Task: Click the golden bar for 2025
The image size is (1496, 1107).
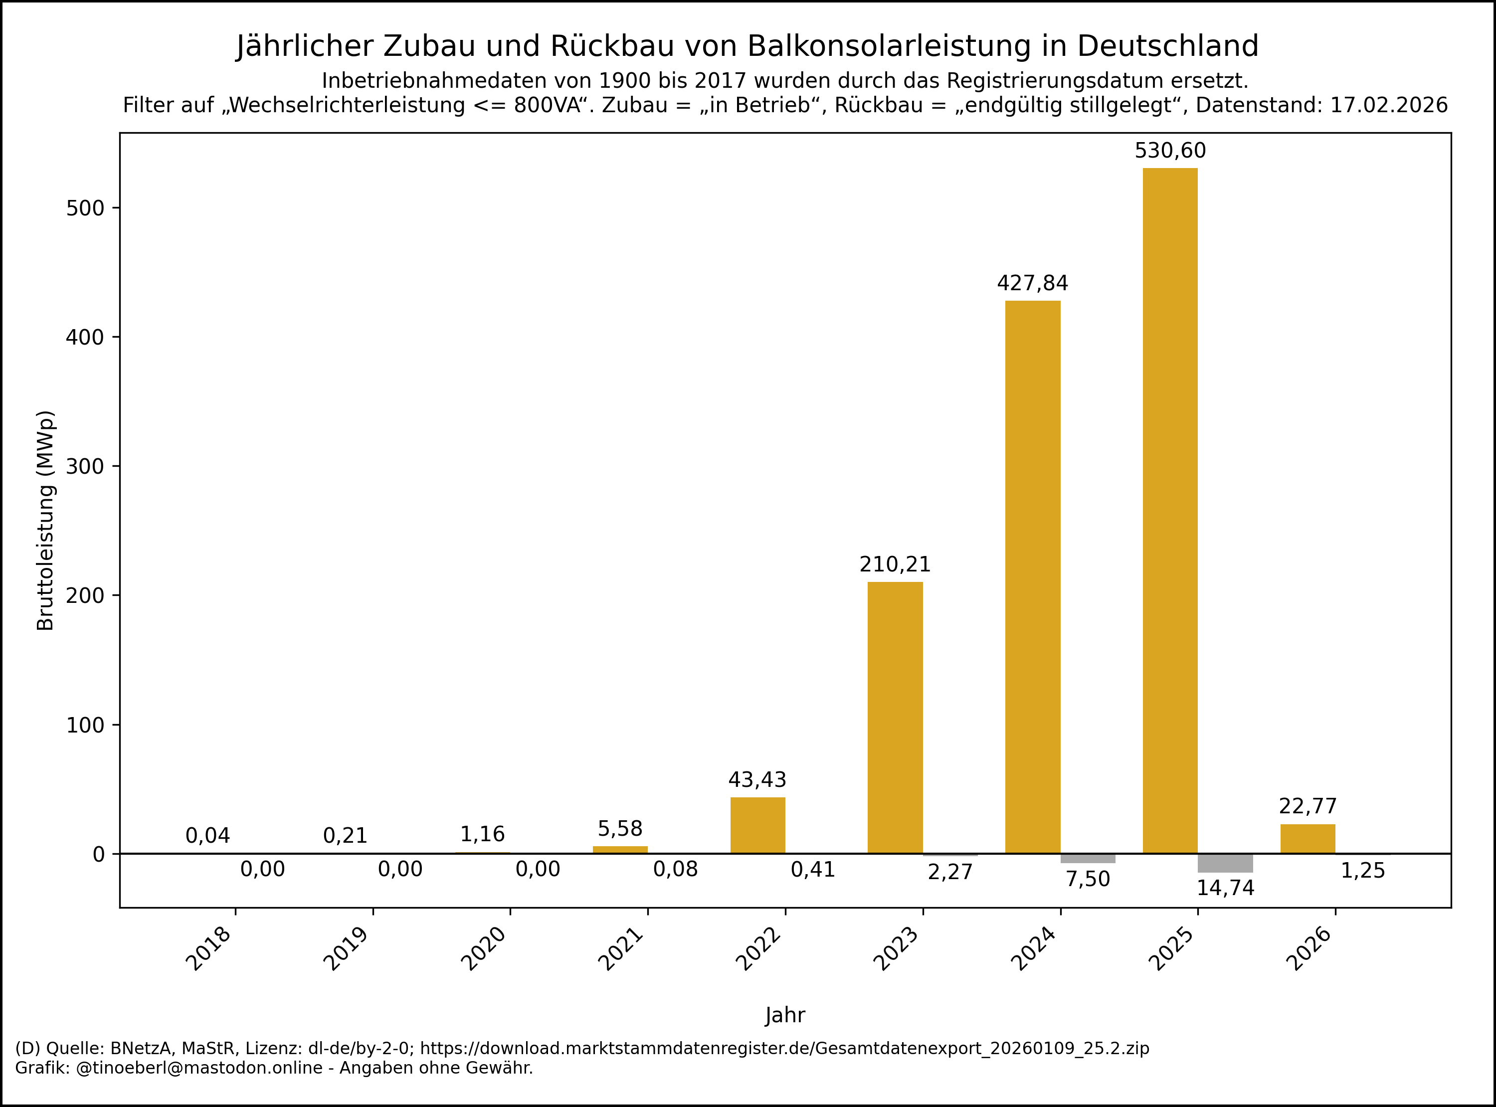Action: tap(1170, 509)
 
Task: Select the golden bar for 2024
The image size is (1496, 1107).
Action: tap(1032, 576)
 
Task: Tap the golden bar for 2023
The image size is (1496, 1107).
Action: tap(895, 717)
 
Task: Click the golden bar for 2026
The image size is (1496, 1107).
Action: tap(1308, 838)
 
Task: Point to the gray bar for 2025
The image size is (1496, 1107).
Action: tap(1225, 863)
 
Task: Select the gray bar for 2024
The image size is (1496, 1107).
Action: tap(1088, 858)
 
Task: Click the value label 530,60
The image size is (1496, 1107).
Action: tap(1170, 151)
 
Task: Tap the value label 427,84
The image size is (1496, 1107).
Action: tap(1032, 283)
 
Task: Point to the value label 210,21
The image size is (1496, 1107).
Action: tap(895, 565)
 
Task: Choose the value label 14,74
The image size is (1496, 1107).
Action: tap(1225, 888)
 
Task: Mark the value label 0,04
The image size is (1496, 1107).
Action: tap(207, 836)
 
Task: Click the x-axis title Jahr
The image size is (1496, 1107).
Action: tap(785, 1015)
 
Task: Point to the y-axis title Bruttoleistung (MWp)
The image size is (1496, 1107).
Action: tap(45, 520)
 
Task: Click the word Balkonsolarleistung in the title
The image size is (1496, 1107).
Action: tap(888, 46)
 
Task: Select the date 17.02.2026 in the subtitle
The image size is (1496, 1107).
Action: tap(1389, 105)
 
